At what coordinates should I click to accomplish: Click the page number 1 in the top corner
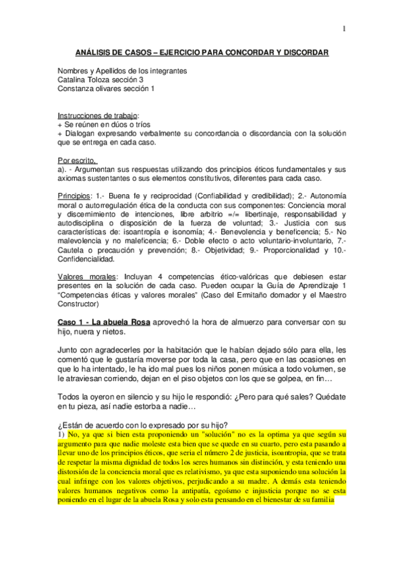click(x=344, y=28)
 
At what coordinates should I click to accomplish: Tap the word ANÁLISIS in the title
click(x=96, y=53)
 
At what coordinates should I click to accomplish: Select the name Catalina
click(x=74, y=79)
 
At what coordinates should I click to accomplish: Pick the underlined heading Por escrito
click(x=77, y=161)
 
